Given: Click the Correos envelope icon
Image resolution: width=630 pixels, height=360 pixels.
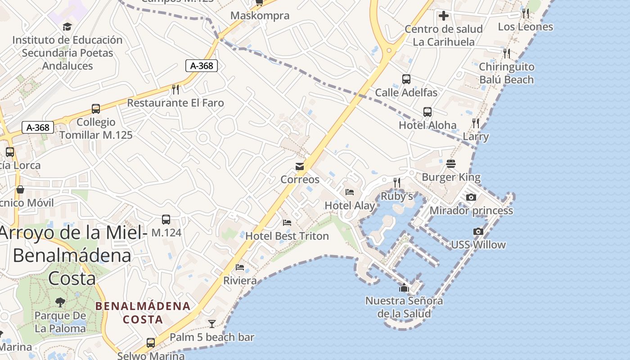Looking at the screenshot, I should tap(300, 166).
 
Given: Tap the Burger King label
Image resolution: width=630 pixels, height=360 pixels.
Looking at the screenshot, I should tap(451, 177).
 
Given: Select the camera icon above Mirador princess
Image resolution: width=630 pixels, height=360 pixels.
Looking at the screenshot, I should tap(471, 197).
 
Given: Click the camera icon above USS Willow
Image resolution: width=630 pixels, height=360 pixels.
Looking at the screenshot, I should tap(478, 231).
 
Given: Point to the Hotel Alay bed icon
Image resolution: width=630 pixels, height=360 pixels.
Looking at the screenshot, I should tap(350, 192).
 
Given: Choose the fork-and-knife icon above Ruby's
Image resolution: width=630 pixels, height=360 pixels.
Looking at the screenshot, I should tap(396, 182).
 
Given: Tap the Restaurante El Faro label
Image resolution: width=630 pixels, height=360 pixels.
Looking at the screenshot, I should tap(175, 103).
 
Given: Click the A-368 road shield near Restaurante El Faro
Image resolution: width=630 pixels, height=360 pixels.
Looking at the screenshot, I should tap(202, 66).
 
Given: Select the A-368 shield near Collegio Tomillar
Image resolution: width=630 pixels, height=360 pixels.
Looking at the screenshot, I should tap(38, 127).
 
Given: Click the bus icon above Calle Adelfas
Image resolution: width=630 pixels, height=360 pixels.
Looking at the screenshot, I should tap(406, 79).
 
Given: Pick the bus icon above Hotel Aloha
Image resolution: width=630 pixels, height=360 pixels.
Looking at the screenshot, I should tap(427, 112).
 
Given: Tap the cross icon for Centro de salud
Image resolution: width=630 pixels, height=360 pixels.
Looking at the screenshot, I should tap(443, 16).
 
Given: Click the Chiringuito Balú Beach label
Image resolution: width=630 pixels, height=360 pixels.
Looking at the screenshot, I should tap(506, 73).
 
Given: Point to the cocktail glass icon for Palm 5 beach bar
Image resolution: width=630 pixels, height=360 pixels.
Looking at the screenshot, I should tap(211, 324).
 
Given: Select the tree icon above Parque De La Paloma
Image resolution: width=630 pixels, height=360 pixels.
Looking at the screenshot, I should tap(60, 302).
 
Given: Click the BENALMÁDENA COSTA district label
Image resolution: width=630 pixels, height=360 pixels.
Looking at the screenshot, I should tap(143, 313).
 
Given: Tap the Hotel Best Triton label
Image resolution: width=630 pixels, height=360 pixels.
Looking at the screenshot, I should tap(287, 236).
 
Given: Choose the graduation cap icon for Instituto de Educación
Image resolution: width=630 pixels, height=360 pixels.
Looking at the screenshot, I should tap(67, 27).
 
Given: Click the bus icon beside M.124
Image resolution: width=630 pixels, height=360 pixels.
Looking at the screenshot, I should tap(166, 220).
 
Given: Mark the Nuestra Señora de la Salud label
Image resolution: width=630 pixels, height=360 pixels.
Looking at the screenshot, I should tap(404, 307).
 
